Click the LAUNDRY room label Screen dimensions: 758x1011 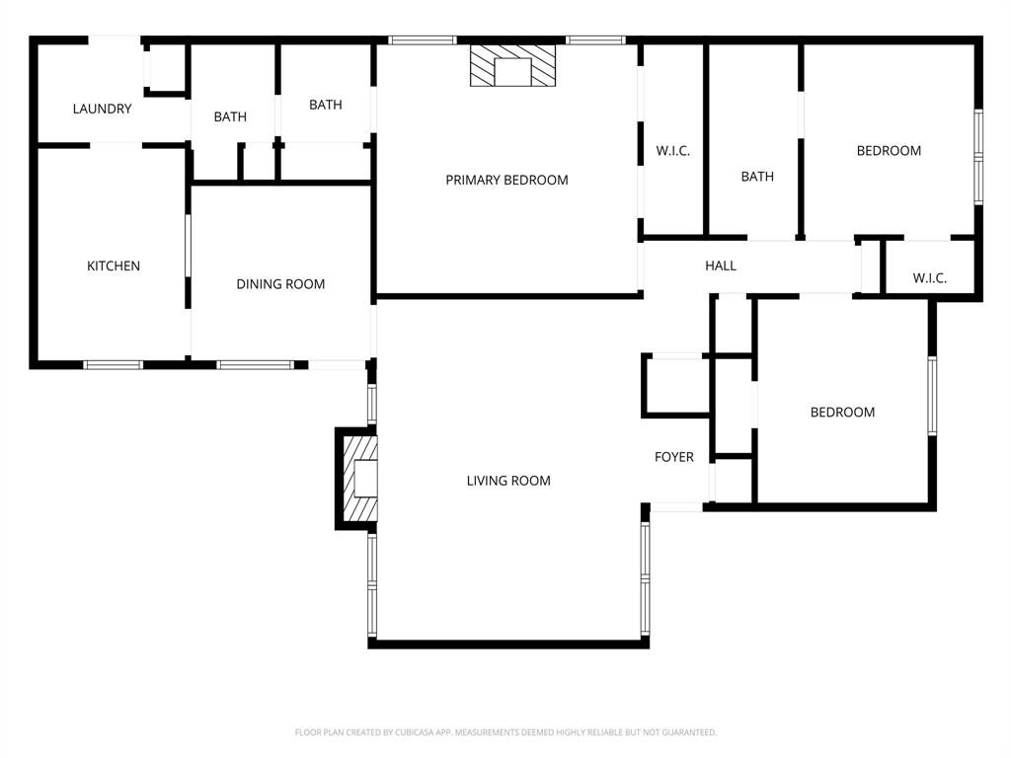coord(102,109)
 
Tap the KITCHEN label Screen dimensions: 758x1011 coord(114,265)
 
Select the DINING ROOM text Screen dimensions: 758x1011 coord(280,284)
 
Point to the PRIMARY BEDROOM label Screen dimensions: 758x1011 coord(506,180)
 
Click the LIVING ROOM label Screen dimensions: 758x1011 coord(508,481)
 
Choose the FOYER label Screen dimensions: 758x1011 coord(674,457)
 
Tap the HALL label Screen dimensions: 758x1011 coord(721,265)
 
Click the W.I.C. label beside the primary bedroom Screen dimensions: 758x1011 coord(673,151)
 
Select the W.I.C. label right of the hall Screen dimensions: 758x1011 coord(929,278)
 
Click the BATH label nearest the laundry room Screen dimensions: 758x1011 coord(230,116)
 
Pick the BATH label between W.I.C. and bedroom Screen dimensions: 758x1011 coord(757,177)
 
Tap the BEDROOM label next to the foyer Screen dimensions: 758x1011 coord(842,412)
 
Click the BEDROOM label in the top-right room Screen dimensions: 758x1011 coord(889,151)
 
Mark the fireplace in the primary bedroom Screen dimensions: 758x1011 coord(512,66)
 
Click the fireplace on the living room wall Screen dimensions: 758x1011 coord(359,479)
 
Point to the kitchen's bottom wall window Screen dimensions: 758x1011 coord(113,364)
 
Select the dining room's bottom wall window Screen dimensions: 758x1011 coord(255,364)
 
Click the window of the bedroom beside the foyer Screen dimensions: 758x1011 coord(931,395)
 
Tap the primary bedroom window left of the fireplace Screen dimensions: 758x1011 coord(422,40)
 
